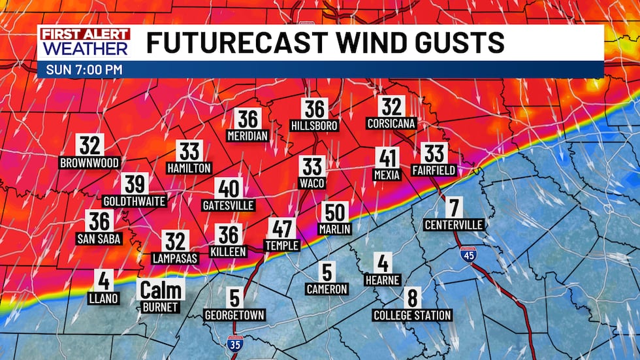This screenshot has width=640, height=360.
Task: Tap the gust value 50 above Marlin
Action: coord(335,212)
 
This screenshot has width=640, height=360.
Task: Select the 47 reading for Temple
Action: coord(282,229)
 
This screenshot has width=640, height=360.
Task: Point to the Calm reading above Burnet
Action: coord(161,289)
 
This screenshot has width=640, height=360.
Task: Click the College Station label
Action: coord(412,315)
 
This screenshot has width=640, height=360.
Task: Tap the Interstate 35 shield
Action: coord(234,342)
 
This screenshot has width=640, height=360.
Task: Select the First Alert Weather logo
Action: coord(84,42)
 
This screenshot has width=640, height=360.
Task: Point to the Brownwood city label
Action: coord(89,163)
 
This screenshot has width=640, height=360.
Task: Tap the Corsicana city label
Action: coord(392,123)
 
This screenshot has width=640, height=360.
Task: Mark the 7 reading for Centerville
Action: coord(453,208)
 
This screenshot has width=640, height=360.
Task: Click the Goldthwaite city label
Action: coord(135,201)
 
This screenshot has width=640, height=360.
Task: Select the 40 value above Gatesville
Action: coord(229,188)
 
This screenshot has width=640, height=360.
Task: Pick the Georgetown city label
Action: coord(235,315)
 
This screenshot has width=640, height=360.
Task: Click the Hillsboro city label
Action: coord(314,125)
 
